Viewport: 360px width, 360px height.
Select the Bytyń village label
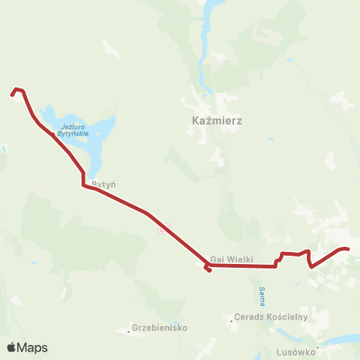(102, 183)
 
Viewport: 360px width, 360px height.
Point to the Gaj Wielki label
(232, 258)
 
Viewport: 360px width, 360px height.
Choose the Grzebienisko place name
(160, 328)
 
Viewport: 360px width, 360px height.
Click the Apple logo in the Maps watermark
(12, 347)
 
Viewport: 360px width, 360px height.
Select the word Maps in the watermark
(33, 347)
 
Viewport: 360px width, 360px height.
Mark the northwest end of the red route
(12, 94)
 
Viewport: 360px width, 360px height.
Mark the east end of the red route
(348, 249)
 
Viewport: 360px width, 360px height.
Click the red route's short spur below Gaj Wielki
(208, 269)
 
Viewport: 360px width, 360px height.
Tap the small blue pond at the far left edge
(2, 148)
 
